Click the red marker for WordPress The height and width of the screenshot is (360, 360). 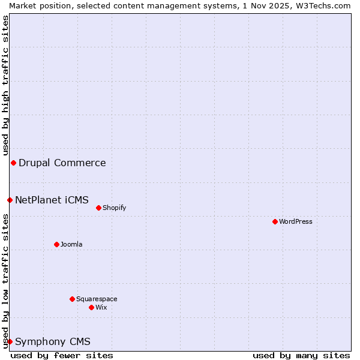point(275,221)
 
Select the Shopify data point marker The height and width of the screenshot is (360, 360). point(98,208)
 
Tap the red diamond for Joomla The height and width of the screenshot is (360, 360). point(56,244)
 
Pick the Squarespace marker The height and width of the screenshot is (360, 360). point(72,299)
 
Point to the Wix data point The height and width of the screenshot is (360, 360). point(91,307)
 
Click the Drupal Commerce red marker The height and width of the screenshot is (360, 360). point(13,163)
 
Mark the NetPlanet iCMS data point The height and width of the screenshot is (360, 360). point(10,200)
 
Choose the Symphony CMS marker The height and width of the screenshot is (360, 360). point(10,341)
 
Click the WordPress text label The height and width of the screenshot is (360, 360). point(296,221)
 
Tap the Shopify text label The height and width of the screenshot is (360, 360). point(115,208)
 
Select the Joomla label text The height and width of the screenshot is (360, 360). point(71,244)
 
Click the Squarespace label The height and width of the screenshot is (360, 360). point(97,299)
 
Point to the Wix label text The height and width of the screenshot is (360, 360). point(101,307)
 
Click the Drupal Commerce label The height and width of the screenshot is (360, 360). point(62,163)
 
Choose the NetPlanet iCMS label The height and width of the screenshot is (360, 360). point(52,200)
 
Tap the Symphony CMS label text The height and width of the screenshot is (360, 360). point(53,341)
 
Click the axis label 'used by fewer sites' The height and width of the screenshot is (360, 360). point(62,355)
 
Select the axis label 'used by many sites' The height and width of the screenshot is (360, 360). point(301,355)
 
